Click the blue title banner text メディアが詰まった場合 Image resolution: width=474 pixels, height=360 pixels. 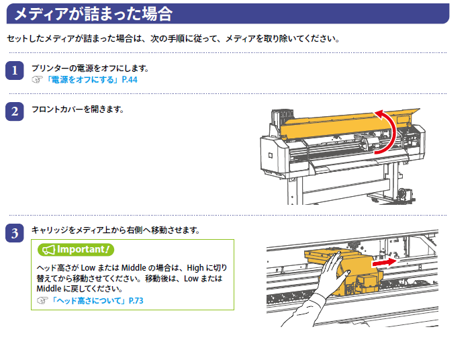point(93,14)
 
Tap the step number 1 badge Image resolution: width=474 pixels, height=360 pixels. point(15,71)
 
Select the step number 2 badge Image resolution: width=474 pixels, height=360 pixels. point(15,111)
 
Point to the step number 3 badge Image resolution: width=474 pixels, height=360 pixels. point(15,233)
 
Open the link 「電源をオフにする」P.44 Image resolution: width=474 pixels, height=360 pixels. point(91,80)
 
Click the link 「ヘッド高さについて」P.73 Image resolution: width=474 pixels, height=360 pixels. point(97,301)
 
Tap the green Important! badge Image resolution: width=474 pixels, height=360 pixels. point(76,250)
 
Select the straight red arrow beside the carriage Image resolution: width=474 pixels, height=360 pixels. point(384,263)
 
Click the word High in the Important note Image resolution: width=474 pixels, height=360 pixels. point(195,268)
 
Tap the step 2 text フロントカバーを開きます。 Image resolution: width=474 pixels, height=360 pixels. point(78,109)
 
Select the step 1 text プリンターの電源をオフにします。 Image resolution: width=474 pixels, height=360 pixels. point(90,69)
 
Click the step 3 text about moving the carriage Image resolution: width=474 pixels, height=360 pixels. point(115,230)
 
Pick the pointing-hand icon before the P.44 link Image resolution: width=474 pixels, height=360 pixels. point(38,80)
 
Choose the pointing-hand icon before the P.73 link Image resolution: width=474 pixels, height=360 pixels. point(42,301)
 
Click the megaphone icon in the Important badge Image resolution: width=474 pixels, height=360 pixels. point(48,250)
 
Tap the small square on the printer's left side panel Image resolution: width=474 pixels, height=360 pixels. point(271,156)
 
